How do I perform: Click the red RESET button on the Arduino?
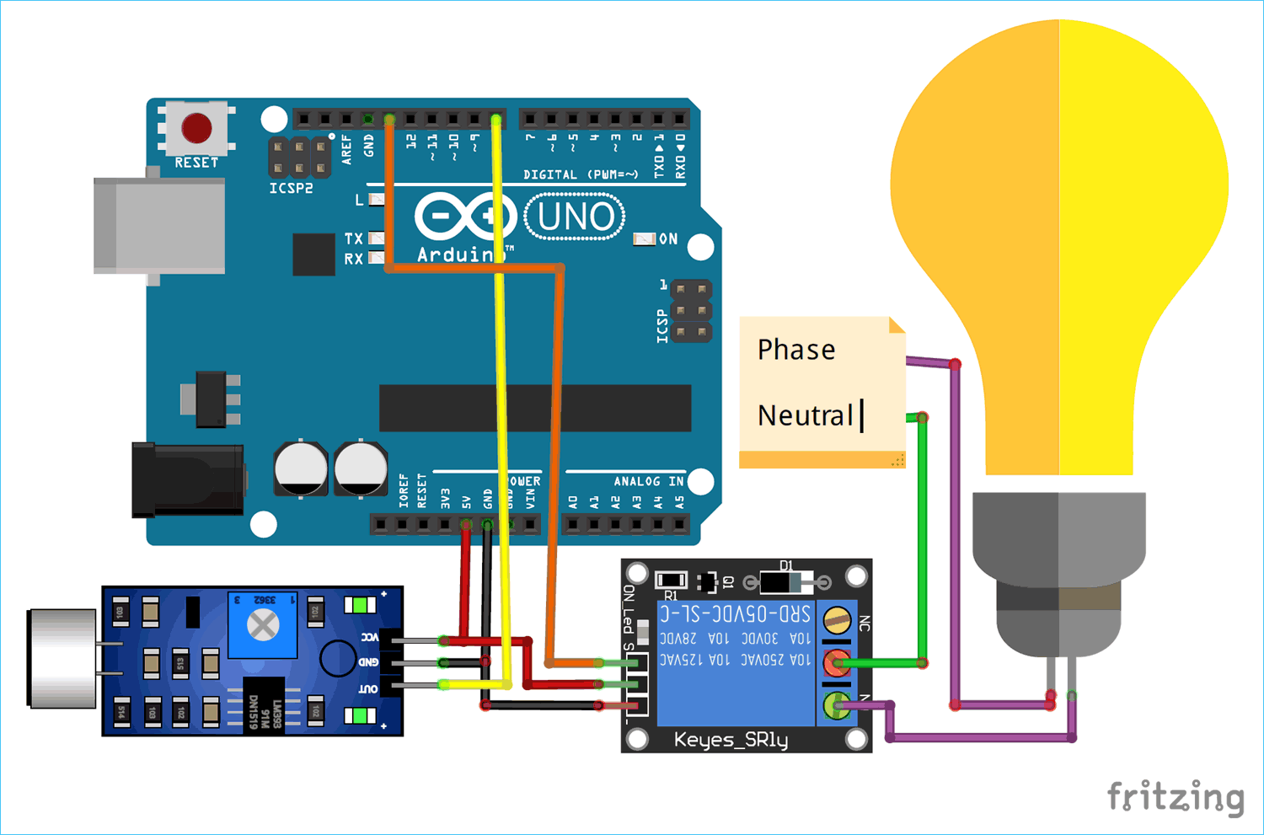(x=196, y=128)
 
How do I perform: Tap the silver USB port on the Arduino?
(x=160, y=225)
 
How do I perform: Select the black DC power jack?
(x=188, y=479)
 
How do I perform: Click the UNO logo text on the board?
(x=575, y=217)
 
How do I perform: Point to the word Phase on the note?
(x=796, y=350)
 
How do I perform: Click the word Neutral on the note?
(x=805, y=415)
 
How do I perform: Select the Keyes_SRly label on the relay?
(x=731, y=740)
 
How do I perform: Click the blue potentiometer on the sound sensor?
(x=263, y=624)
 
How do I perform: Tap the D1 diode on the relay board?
(x=785, y=581)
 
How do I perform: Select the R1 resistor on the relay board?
(x=671, y=580)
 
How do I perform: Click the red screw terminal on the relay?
(x=836, y=663)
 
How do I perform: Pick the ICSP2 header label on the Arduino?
(x=291, y=189)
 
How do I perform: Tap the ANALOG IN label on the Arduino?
(x=648, y=481)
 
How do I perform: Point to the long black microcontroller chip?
(x=535, y=409)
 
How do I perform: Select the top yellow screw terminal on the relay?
(x=836, y=621)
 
